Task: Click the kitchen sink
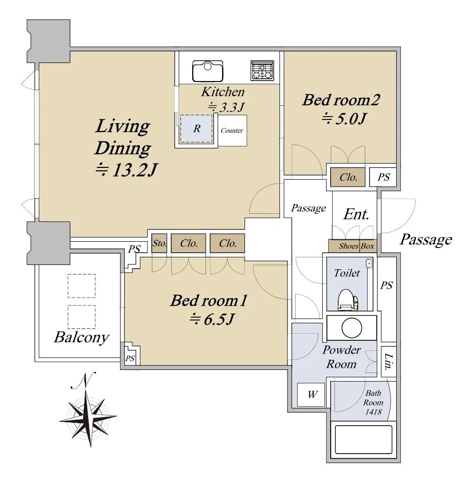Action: pos(207,71)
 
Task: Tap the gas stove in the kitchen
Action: pos(262,70)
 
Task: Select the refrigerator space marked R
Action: pos(196,128)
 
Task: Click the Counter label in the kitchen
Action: pos(232,130)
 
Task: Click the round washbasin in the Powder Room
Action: pos(352,328)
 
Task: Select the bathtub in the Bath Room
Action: pos(363,439)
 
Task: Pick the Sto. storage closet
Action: pos(159,243)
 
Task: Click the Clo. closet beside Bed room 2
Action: pos(348,177)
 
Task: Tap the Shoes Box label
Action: pos(356,246)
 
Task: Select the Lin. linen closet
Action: pos(389,362)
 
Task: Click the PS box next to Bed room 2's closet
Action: pos(383,177)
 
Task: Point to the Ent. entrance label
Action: pos(356,214)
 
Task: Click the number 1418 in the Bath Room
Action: pos(373,412)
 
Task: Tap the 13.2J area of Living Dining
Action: pos(126,170)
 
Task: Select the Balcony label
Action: pos(82,337)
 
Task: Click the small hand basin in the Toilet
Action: pos(369,264)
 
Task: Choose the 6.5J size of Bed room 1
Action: pos(212,319)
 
